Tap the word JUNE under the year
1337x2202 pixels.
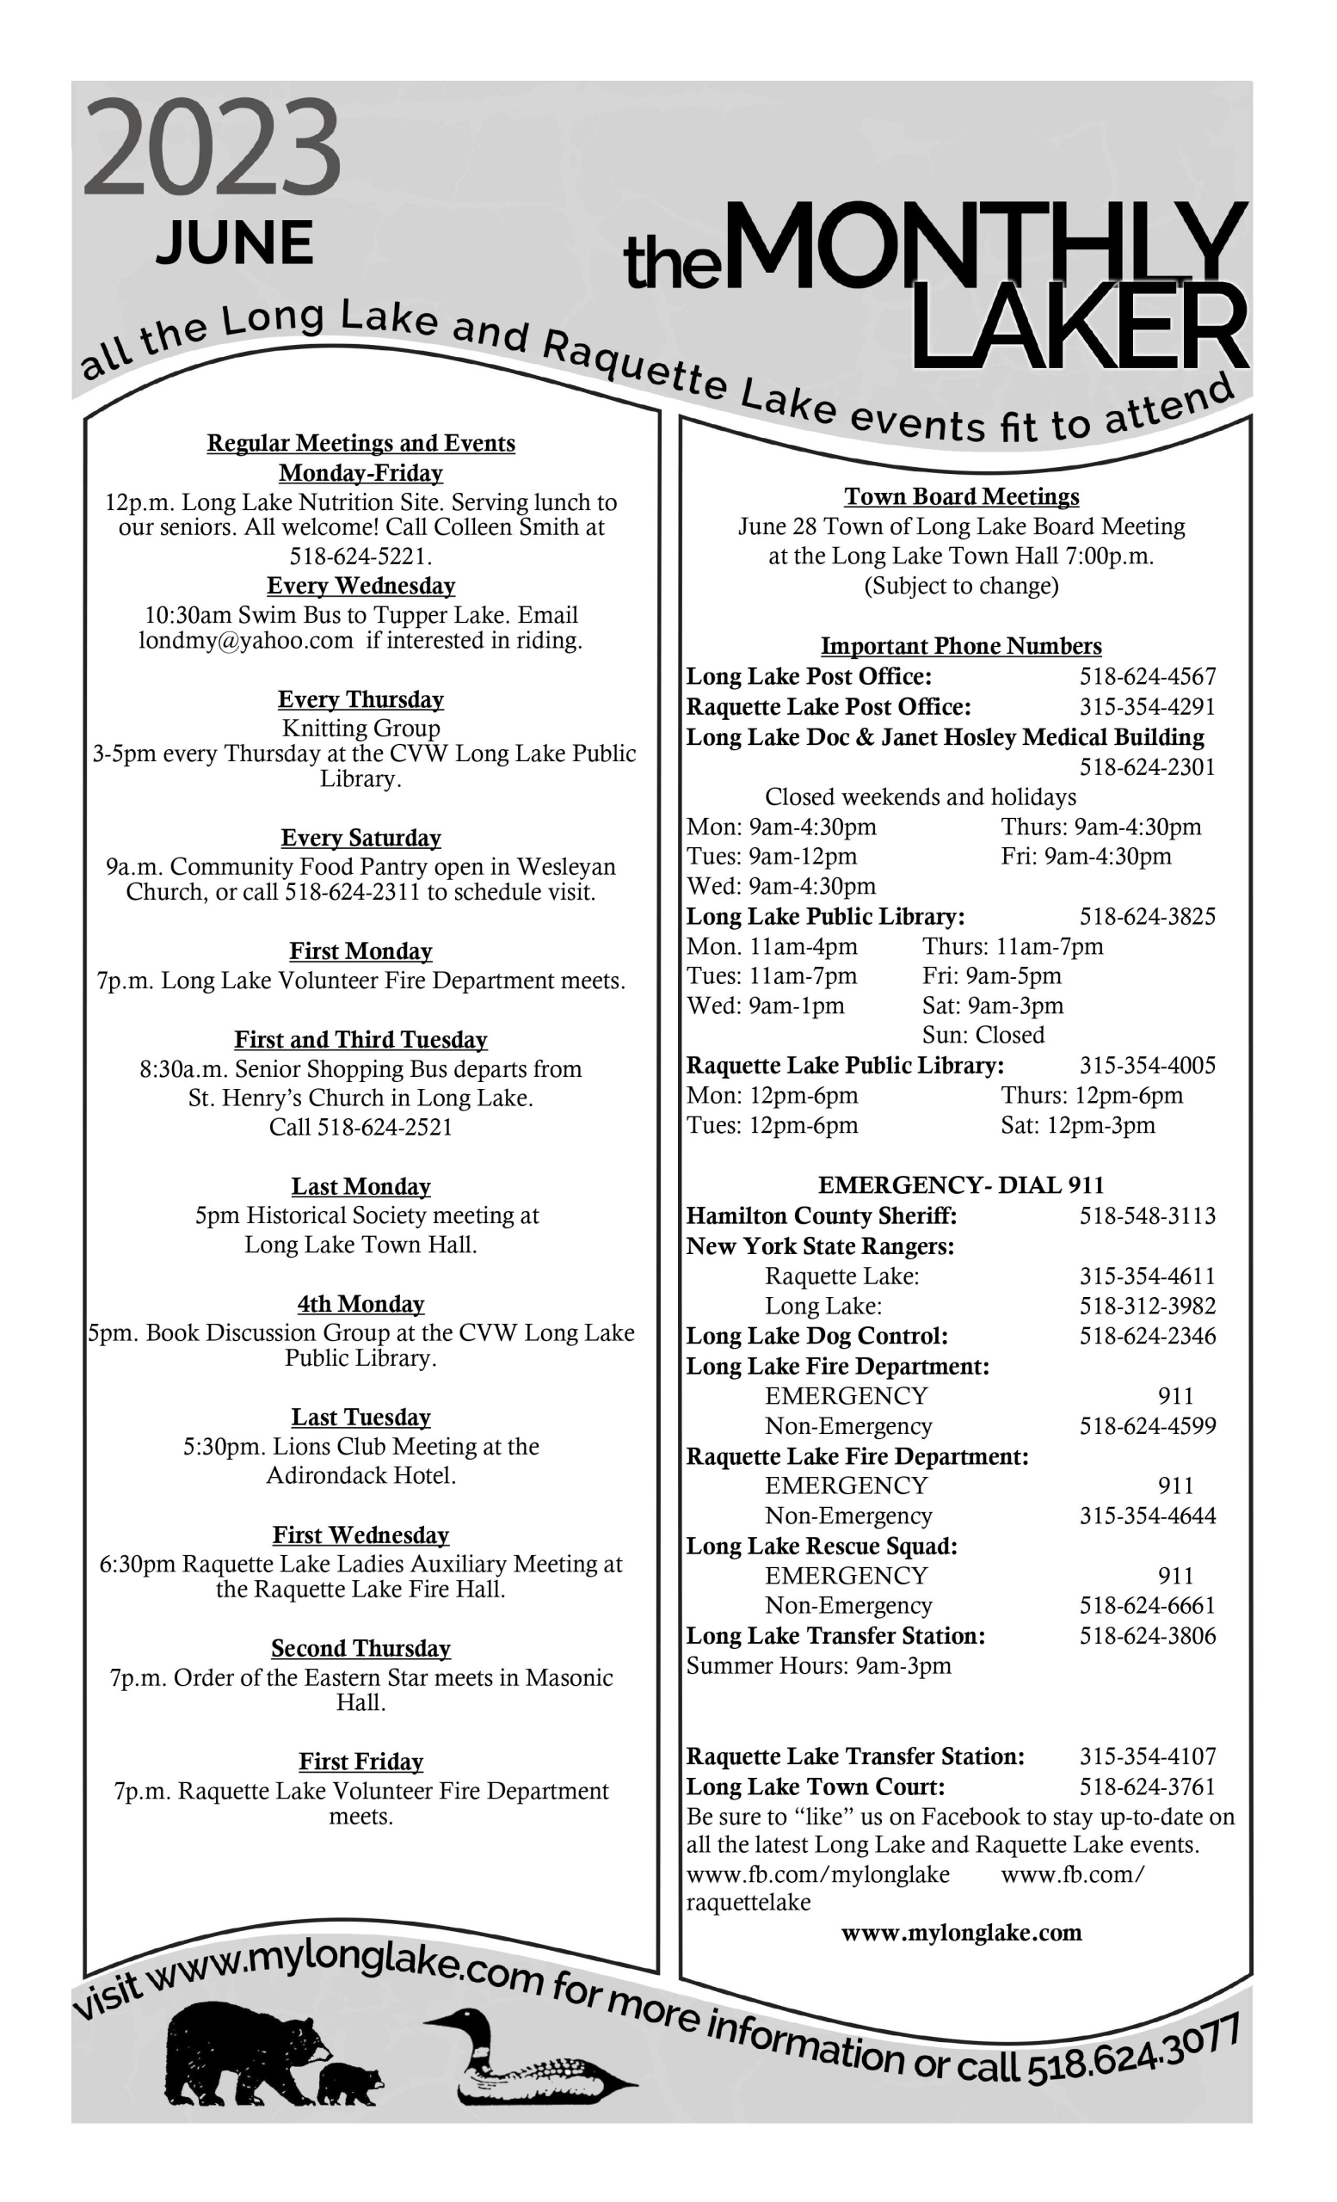click(x=235, y=243)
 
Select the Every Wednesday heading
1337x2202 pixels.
click(x=361, y=587)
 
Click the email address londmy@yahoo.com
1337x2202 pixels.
click(x=246, y=641)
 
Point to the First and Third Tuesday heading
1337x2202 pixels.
click(x=361, y=1040)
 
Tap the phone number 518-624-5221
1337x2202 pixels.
click(x=361, y=557)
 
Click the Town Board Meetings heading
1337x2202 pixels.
click(x=962, y=497)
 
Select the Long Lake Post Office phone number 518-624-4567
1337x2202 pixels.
click(x=1148, y=678)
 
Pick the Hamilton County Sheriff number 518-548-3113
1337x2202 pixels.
click(x=1148, y=1216)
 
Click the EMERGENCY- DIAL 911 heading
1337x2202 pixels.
click(x=961, y=1186)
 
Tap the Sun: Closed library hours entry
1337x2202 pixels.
click(x=983, y=1036)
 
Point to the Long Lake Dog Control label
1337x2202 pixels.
click(x=816, y=1336)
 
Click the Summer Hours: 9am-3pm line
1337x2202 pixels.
click(x=819, y=1666)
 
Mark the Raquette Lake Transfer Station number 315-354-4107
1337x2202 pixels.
click(x=1148, y=1757)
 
